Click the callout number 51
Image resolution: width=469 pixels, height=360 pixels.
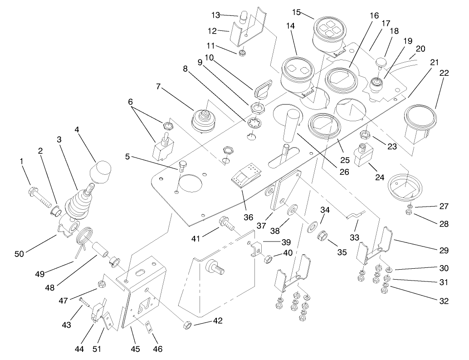[x=97, y=349]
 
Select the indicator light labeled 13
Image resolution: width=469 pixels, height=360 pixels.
[x=244, y=17]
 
